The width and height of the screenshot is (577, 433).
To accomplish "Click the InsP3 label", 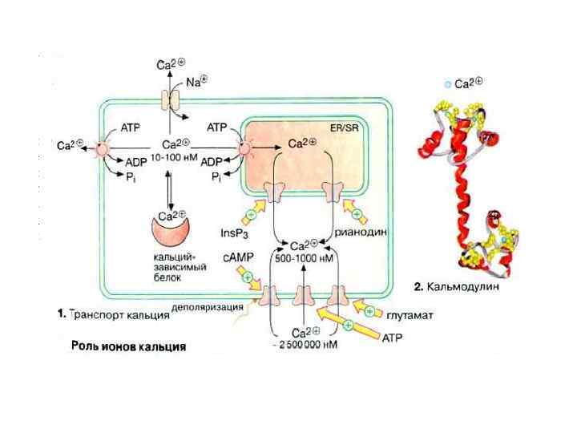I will click(236, 233).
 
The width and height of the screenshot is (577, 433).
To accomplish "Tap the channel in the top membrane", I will click(171, 99).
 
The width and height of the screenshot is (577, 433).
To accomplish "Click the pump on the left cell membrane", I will click(104, 148).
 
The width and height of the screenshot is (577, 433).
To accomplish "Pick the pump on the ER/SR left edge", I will click(244, 148).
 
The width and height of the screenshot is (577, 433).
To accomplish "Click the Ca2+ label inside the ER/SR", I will click(301, 144).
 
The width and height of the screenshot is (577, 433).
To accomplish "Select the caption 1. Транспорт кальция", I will click(114, 314).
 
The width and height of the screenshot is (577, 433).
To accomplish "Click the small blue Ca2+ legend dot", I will click(447, 83).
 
